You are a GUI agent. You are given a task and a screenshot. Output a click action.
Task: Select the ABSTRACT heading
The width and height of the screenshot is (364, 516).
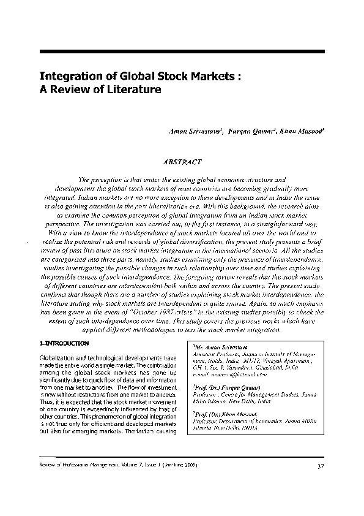point(182,162)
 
